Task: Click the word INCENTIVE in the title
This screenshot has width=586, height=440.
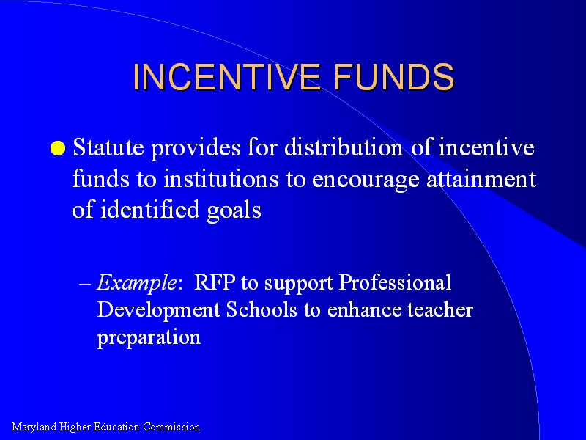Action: pyautogui.click(x=227, y=77)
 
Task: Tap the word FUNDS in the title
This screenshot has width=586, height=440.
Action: pyautogui.click(x=394, y=77)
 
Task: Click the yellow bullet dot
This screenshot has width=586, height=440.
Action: pyautogui.click(x=58, y=148)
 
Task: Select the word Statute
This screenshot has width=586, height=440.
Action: pyautogui.click(x=108, y=147)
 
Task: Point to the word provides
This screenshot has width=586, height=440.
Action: pyautogui.click(x=196, y=148)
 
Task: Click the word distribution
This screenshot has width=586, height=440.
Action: pyautogui.click(x=344, y=147)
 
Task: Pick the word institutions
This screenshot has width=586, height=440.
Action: pyautogui.click(x=221, y=178)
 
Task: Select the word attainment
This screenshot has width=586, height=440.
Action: pyautogui.click(x=481, y=178)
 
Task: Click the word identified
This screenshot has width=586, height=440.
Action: pyautogui.click(x=149, y=209)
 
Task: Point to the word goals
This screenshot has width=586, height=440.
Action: pyautogui.click(x=234, y=211)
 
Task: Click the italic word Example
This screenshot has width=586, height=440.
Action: pyautogui.click(x=136, y=282)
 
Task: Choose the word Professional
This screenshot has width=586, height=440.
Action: pyautogui.click(x=395, y=282)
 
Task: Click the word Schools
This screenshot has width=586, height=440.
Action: pyautogui.click(x=262, y=309)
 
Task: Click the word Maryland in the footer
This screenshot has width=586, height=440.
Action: pyautogui.click(x=34, y=428)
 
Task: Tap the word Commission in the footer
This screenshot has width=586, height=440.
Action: pyautogui.click(x=171, y=427)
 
